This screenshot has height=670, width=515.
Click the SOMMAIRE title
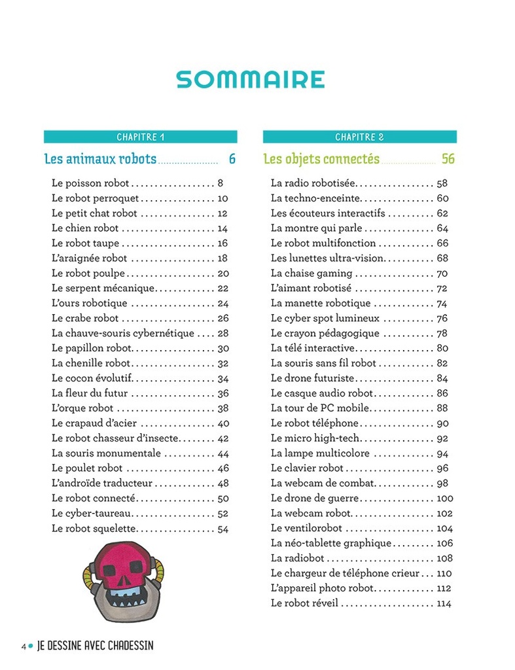(x=251, y=79)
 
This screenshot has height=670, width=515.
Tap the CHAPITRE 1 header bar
(x=140, y=137)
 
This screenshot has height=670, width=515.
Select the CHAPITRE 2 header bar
(x=359, y=137)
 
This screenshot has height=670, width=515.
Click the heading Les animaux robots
(x=100, y=159)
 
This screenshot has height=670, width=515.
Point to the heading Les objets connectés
(x=321, y=159)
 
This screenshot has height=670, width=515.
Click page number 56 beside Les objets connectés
(x=448, y=159)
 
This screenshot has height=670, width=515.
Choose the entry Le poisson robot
(x=90, y=183)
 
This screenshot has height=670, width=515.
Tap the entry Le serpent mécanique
(x=103, y=289)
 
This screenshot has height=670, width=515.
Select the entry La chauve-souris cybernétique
(x=123, y=334)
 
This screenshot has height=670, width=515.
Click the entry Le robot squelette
(x=94, y=529)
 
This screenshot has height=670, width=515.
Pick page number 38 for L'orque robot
(x=222, y=408)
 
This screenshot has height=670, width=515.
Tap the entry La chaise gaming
(x=311, y=273)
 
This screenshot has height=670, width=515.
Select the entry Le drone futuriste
(x=313, y=378)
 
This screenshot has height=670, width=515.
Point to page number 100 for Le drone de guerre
(x=444, y=499)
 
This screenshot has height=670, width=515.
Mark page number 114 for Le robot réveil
(x=444, y=603)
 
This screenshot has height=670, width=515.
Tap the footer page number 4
(x=24, y=646)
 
